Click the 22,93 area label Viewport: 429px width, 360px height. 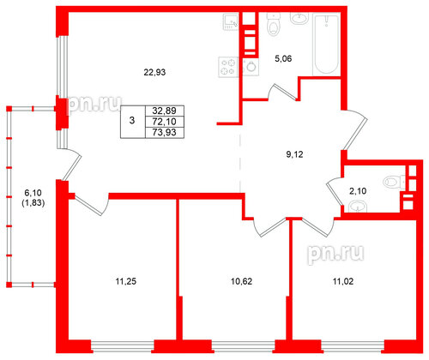(154, 72)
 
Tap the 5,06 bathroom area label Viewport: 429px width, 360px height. (283, 59)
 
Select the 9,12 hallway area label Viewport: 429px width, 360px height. (294, 154)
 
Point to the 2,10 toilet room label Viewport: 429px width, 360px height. (358, 191)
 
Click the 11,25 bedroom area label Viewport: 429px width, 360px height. (126, 282)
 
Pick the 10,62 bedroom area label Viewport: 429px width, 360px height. (241, 282)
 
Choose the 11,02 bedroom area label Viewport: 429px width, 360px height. (343, 282)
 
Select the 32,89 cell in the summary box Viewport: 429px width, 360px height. (165, 111)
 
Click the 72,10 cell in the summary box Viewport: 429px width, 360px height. (165, 122)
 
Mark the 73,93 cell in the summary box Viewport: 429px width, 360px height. (165, 133)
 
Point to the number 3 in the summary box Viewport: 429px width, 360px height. (132, 120)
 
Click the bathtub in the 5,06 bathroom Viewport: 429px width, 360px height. (326, 44)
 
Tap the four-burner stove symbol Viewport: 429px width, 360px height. (228, 67)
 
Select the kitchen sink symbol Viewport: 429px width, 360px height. (231, 22)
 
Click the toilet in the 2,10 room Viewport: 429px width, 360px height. (393, 182)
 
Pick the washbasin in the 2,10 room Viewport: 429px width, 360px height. (358, 207)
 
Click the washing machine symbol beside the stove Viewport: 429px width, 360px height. (251, 67)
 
